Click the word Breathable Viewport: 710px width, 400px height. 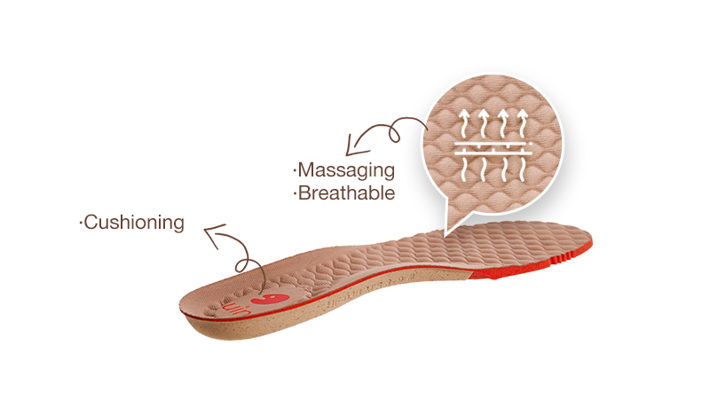coord(346,192)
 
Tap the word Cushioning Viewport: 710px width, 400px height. coord(134,222)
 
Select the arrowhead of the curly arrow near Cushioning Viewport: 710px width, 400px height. coord(209,233)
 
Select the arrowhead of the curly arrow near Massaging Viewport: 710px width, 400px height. coord(351,145)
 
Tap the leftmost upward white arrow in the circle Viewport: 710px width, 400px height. coord(463,123)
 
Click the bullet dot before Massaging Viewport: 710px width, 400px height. coord(294,169)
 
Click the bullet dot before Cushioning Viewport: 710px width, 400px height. coord(82,222)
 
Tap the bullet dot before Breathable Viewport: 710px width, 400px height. coord(294,192)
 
